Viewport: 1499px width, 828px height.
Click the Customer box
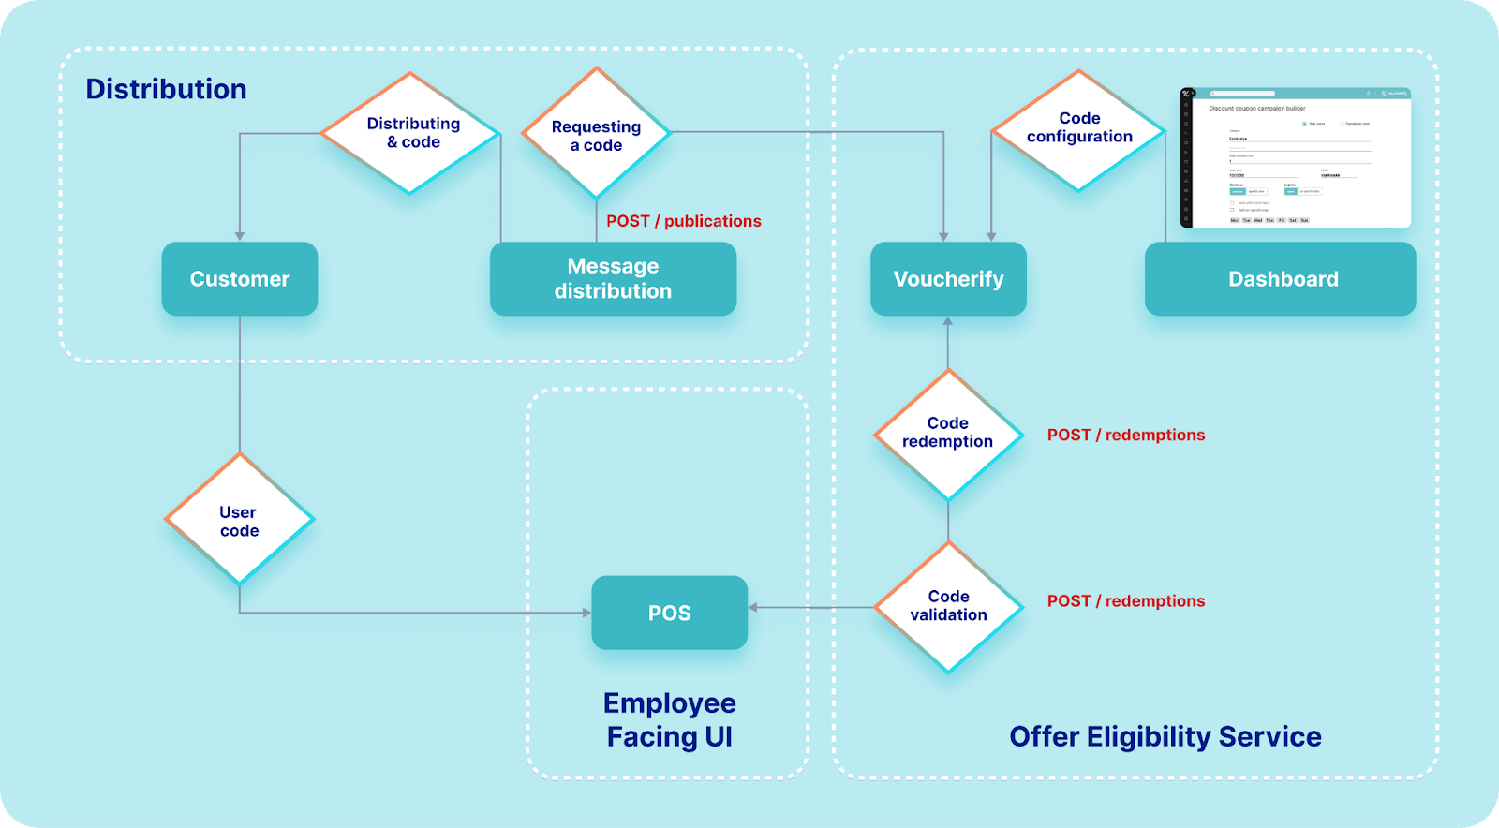coord(240,279)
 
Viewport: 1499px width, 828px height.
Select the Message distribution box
coord(613,279)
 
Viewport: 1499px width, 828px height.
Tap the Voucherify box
coord(948,279)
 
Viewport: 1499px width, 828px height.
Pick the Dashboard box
coord(1281,279)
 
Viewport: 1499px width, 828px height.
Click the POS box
coord(669,613)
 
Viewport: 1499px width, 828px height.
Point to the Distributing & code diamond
coord(410,133)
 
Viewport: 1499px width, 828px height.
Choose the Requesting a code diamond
coord(597,133)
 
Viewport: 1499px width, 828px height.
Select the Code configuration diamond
coord(1079,129)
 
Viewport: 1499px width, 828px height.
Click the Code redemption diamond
coord(948,434)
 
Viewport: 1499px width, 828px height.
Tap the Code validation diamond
coord(948,606)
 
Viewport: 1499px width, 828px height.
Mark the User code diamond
coord(239,520)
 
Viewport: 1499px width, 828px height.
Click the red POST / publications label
coord(684,221)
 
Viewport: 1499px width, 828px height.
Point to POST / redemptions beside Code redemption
coord(1126,435)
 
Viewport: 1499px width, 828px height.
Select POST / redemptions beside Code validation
coord(1126,601)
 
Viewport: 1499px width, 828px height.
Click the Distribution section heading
coord(167,89)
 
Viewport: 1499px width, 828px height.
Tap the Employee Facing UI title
coord(669,719)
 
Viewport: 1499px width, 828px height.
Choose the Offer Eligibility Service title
coord(1165,737)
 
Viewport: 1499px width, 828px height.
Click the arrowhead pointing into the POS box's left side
coord(586,613)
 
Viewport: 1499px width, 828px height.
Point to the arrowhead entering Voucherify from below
coord(948,321)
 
